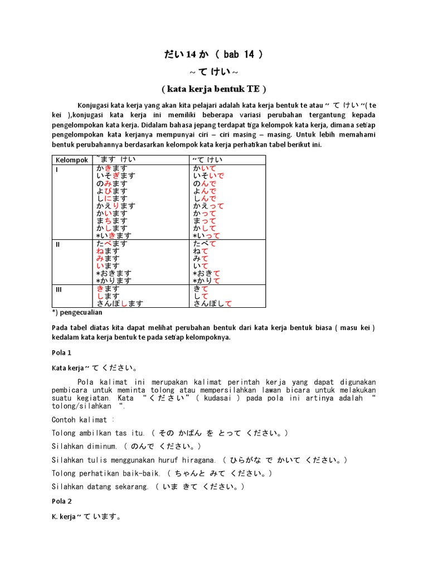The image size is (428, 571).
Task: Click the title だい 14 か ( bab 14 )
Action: (x=213, y=55)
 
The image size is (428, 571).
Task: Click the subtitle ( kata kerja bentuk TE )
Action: (x=214, y=89)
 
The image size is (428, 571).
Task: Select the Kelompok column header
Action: (x=72, y=160)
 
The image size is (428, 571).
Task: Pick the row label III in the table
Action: (x=59, y=289)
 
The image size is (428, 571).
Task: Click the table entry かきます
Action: (x=111, y=168)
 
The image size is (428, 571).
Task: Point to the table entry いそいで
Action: (x=208, y=176)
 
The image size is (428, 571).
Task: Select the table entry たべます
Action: (x=111, y=244)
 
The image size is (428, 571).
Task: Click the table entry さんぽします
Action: (x=119, y=303)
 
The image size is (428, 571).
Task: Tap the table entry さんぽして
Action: (x=212, y=303)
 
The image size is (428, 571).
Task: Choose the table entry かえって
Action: (x=208, y=206)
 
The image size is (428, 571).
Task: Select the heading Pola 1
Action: (x=61, y=353)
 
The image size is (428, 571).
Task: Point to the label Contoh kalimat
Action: (x=81, y=419)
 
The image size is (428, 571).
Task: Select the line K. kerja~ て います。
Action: (x=87, y=517)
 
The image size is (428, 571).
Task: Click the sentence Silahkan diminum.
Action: (x=84, y=447)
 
